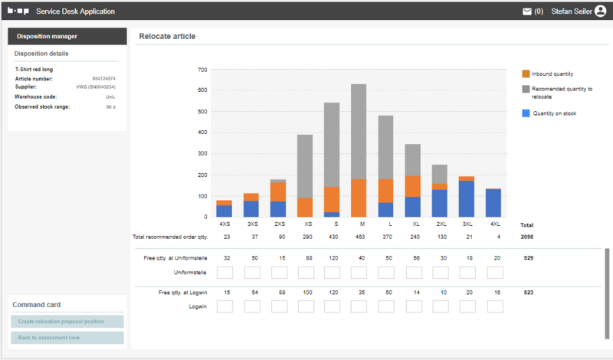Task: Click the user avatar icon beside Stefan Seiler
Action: click(600, 11)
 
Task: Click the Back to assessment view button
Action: click(67, 338)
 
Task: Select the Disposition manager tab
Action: click(67, 36)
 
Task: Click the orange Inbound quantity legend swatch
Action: click(526, 74)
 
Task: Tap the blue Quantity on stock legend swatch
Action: click(526, 113)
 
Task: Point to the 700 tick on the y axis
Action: click(202, 70)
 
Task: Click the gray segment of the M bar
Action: click(358, 131)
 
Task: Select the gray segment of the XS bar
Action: click(304, 166)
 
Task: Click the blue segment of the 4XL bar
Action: click(493, 203)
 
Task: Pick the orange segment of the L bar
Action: click(385, 191)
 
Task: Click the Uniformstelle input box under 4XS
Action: click(225, 273)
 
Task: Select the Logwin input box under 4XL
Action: click(495, 306)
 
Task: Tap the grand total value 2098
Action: click(526, 237)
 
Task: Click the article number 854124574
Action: click(103, 78)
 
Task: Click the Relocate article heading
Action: click(167, 36)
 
